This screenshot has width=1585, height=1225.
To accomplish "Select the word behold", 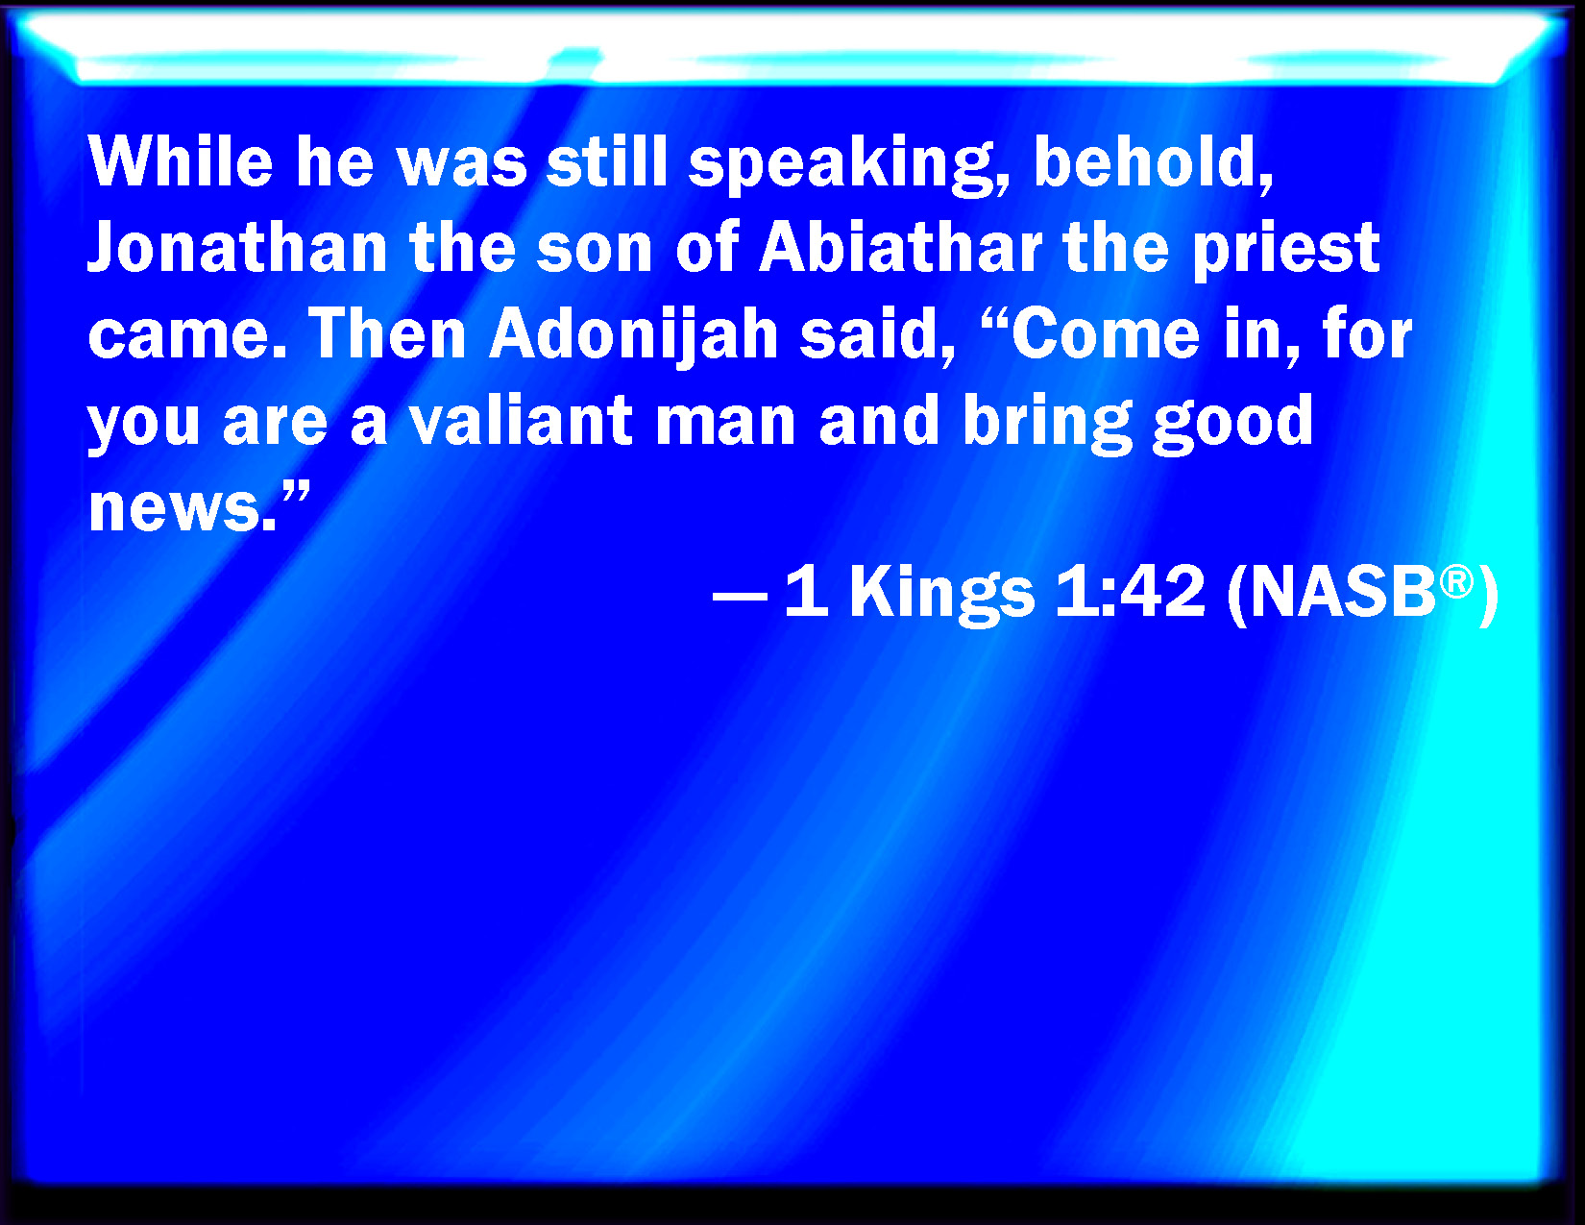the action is coord(1153,163).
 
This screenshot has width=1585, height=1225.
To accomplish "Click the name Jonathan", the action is coord(237,247).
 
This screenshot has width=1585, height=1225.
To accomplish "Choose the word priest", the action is coord(1286,252).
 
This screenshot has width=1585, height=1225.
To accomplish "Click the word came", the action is coord(187,335).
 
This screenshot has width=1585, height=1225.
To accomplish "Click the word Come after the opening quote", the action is coord(1105,334).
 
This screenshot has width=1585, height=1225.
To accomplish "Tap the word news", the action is coord(183,508).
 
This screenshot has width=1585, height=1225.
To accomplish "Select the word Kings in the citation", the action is coord(942,595).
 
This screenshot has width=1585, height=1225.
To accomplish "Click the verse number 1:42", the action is coord(1130,592).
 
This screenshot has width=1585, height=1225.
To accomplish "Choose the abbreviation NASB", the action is coord(1344,592).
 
